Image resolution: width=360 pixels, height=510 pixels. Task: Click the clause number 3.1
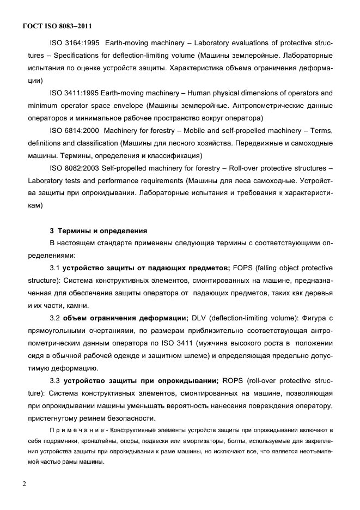[x=55, y=268]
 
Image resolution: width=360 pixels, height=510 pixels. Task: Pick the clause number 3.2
[x=55, y=318]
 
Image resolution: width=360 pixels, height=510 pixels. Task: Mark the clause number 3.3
[x=55, y=381]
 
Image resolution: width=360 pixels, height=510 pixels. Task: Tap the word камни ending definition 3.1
[x=77, y=306]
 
